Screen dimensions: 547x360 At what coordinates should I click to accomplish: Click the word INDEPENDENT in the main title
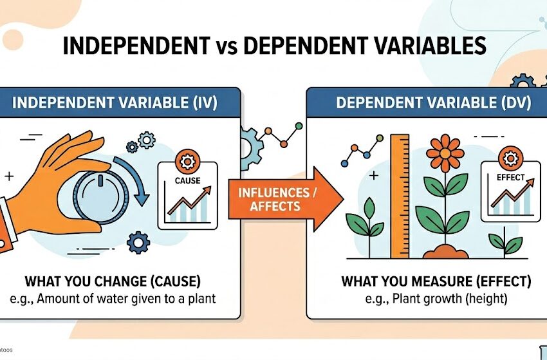pos(136,46)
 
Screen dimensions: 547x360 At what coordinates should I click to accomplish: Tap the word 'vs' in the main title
pos(227,47)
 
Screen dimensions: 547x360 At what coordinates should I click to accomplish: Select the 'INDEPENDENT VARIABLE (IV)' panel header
pos(115,102)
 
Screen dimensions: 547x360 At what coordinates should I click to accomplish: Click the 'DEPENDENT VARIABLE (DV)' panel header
pos(433,102)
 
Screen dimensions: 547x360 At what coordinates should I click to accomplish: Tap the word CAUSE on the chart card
pos(188,180)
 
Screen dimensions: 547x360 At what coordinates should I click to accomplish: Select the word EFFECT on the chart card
pos(511,177)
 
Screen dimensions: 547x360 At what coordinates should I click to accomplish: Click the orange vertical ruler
pos(400,196)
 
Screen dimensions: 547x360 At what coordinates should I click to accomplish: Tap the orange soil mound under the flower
pos(445,252)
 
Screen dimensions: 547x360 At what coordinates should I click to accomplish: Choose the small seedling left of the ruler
pos(366,223)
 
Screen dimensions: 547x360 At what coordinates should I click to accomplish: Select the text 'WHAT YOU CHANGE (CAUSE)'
pos(113,281)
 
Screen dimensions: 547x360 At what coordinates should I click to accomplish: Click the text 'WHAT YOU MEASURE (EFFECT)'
pos(436,281)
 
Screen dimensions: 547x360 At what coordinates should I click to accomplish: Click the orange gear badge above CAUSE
pos(188,162)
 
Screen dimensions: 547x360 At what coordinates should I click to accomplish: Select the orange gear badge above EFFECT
pos(511,158)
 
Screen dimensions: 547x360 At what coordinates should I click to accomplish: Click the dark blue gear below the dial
pos(138,242)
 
